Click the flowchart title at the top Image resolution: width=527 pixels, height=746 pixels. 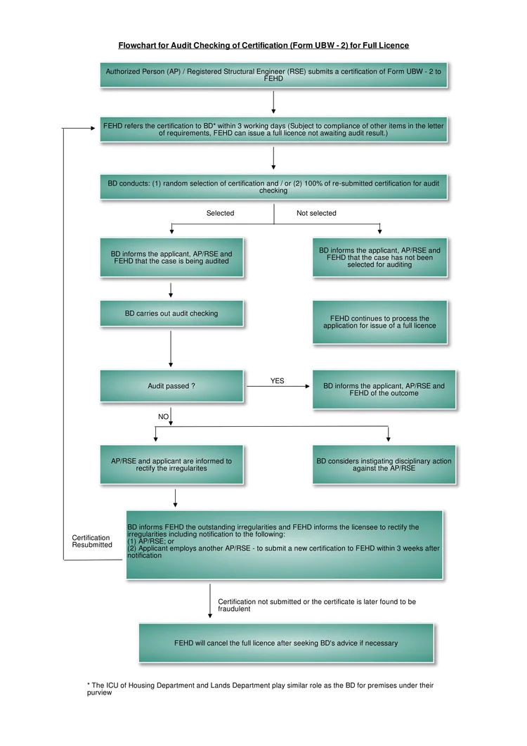click(263, 45)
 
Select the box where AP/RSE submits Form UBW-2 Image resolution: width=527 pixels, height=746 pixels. click(273, 75)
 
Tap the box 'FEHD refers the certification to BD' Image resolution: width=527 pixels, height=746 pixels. click(273, 129)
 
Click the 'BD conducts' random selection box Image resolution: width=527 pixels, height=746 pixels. click(273, 186)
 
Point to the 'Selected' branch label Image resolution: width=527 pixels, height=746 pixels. click(220, 213)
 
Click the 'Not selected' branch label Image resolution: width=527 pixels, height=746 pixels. click(316, 213)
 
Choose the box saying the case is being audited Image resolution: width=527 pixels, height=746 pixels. click(171, 257)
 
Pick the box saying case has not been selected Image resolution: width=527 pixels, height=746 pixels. click(380, 257)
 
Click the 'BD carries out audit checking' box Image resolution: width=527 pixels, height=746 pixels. click(171, 314)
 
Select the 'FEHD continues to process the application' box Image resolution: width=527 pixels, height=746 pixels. click(380, 322)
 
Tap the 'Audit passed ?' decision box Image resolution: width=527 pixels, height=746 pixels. click(171, 386)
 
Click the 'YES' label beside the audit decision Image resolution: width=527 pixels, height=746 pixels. click(278, 380)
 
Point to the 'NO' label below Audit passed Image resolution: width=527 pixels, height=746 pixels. click(163, 417)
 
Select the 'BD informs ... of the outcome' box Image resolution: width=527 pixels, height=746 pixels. click(384, 390)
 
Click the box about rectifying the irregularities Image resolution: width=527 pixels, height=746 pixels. click(171, 465)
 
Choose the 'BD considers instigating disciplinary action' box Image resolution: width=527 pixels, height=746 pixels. click(384, 465)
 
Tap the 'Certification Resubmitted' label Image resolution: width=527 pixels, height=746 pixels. click(92, 541)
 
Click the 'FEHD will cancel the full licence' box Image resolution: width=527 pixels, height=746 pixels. click(286, 643)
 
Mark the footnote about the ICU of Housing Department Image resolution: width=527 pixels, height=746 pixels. click(260, 689)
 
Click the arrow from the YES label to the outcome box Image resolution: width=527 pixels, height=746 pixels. click(278, 386)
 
